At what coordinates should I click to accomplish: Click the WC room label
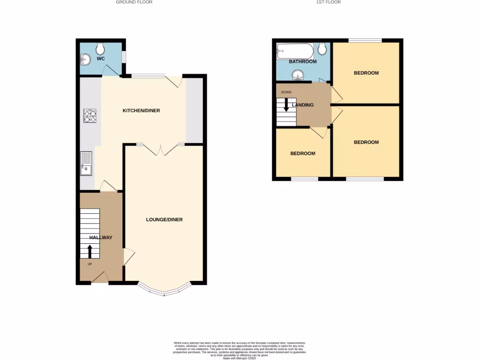[100, 59]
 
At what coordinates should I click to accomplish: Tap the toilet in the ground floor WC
[100, 48]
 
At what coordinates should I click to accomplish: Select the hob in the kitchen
[90, 116]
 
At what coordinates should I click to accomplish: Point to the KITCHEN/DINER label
[141, 111]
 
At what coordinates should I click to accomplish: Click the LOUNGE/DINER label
[164, 219]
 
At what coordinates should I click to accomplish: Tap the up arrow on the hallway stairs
[90, 251]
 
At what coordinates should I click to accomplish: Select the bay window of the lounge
[164, 291]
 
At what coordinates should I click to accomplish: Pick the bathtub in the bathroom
[294, 51]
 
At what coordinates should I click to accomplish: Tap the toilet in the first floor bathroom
[322, 49]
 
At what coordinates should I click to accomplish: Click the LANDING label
[303, 105]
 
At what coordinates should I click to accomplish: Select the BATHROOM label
[302, 61]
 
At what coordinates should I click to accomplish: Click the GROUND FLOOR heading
[134, 2]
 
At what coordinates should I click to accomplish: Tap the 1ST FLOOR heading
[329, 2]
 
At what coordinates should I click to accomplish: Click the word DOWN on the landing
[286, 92]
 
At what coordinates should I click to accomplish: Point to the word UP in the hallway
[89, 264]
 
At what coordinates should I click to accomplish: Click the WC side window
[124, 56]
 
